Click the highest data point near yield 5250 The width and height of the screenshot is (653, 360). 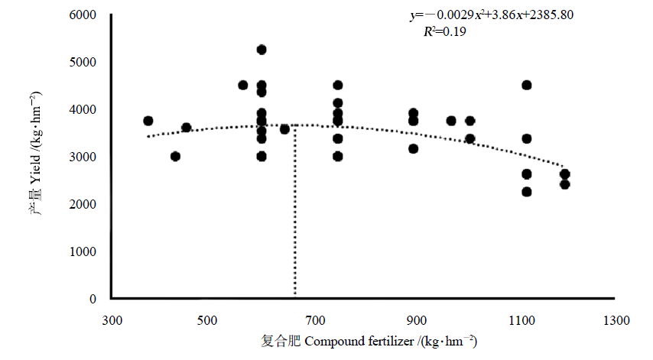coord(262,50)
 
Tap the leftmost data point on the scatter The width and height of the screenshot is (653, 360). coord(148,121)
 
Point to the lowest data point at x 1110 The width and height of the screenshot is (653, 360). coord(527,192)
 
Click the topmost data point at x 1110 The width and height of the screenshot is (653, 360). coord(527,85)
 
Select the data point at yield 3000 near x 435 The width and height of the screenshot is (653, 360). coord(175,156)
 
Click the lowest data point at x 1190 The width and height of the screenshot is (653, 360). coord(565,184)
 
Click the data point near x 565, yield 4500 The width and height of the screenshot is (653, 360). coord(243,85)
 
